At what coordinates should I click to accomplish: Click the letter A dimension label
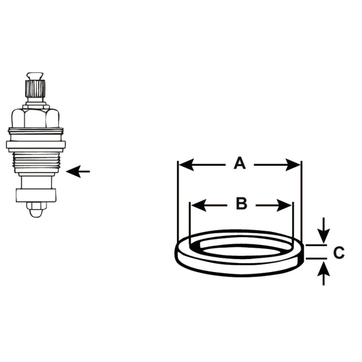tap(240, 163)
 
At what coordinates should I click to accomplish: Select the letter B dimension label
tap(242, 204)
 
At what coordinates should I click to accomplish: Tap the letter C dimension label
tap(339, 252)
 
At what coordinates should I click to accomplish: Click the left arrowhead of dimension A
tap(187, 165)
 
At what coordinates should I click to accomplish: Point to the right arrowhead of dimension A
tap(293, 165)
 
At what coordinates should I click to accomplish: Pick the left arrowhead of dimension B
tap(199, 205)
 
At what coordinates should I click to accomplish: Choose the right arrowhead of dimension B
tap(284, 205)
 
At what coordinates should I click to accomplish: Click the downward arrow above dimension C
tap(324, 230)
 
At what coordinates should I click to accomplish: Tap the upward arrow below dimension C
tap(324, 274)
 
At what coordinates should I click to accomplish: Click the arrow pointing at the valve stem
tap(78, 171)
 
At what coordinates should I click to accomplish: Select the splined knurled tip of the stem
tap(35, 88)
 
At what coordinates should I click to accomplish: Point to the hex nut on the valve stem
tap(35, 118)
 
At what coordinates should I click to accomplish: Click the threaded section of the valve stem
tap(37, 162)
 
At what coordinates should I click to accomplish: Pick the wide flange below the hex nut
tap(36, 145)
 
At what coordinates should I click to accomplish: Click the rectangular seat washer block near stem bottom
tap(36, 195)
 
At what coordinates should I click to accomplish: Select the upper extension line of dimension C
tap(316, 245)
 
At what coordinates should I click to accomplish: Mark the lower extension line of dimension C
tap(316, 258)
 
